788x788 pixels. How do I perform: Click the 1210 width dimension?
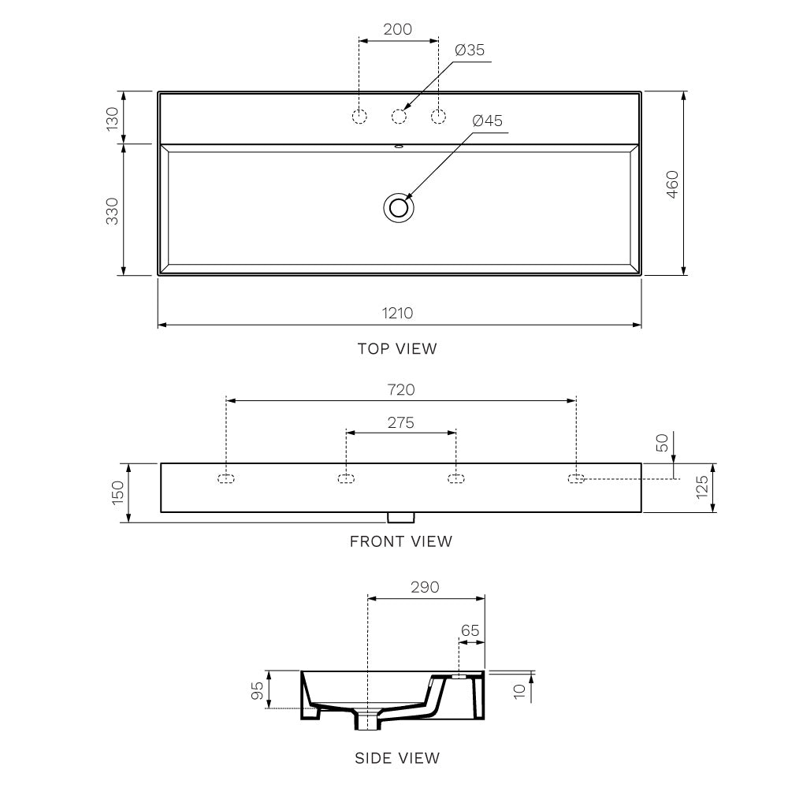pyautogui.click(x=397, y=313)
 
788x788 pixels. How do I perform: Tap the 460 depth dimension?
pyautogui.click(x=672, y=184)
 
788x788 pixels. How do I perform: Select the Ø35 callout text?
pyautogui.click(x=470, y=50)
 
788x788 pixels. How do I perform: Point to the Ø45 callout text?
pyautogui.click(x=488, y=121)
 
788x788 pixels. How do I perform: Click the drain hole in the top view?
pyautogui.click(x=399, y=207)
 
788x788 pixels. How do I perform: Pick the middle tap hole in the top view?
pyautogui.click(x=399, y=117)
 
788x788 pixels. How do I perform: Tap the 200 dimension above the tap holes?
pyautogui.click(x=397, y=29)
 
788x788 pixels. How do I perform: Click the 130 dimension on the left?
pyautogui.click(x=112, y=119)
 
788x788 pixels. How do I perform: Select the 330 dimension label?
pyautogui.click(x=112, y=211)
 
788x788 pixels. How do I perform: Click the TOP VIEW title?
pyautogui.click(x=397, y=349)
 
